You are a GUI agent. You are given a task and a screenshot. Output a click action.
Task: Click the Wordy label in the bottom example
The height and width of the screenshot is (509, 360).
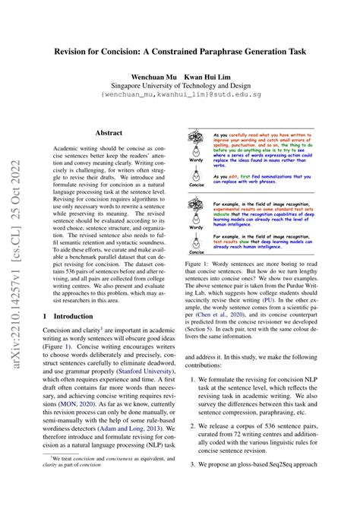pos(197,226)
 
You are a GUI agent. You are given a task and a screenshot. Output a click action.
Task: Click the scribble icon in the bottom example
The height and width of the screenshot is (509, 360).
pos(196,210)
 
